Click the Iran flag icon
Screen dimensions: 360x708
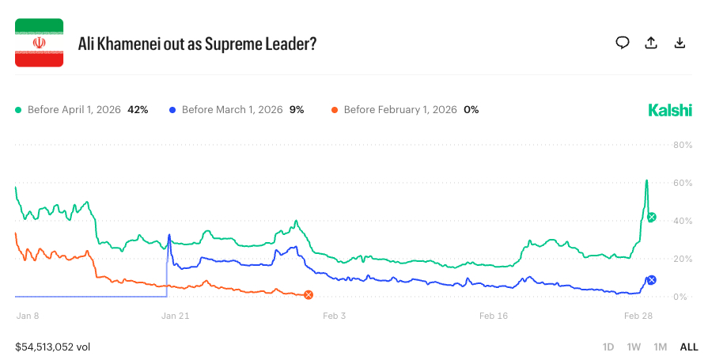[40, 43]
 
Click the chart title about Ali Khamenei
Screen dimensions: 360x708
[197, 44]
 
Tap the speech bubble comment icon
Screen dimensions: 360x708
[623, 43]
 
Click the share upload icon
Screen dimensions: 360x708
[651, 43]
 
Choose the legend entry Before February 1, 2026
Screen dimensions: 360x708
[399, 109]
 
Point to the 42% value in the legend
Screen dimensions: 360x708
[138, 109]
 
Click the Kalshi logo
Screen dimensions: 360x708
[670, 109]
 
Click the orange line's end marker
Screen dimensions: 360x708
[309, 295]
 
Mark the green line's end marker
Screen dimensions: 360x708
[651, 217]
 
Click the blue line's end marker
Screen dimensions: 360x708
[651, 279]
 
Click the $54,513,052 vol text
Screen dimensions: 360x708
[54, 347]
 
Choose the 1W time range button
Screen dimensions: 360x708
[634, 347]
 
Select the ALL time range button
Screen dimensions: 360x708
[688, 347]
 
